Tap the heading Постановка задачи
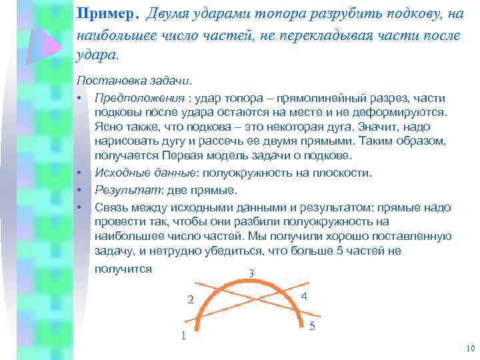(133, 81)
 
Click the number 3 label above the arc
(251, 273)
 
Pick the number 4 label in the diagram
(304, 297)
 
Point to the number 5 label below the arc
(313, 326)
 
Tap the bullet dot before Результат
(79, 190)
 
